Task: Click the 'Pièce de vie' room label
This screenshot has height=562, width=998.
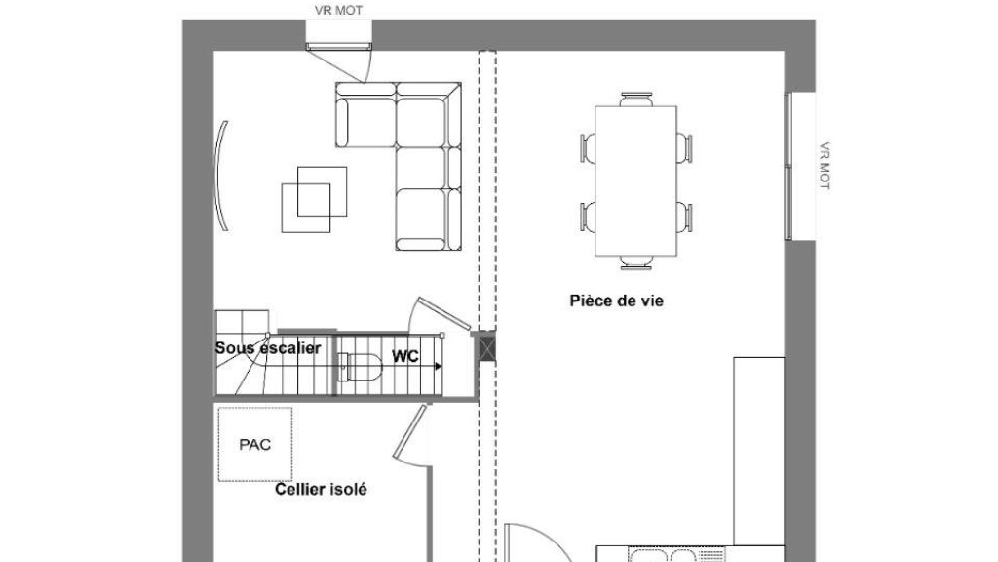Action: tap(616, 301)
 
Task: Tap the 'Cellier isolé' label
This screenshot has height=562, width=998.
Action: tap(321, 490)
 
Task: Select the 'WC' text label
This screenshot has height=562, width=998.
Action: tap(404, 356)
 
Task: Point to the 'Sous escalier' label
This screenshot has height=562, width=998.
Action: tap(267, 348)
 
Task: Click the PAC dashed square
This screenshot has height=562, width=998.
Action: tap(255, 444)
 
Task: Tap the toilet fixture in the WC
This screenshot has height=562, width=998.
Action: tap(361, 368)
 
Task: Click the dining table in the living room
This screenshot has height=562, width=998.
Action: tap(635, 181)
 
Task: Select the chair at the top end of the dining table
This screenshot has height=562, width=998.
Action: tap(636, 99)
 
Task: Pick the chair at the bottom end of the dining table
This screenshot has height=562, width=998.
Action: tap(636, 262)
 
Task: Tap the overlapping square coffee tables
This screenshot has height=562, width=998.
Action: tap(315, 199)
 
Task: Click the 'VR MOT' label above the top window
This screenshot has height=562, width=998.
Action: tap(338, 10)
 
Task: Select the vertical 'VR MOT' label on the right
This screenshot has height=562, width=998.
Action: tap(825, 166)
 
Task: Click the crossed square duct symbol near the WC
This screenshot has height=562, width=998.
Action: tap(487, 348)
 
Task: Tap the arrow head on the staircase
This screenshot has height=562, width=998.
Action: tap(439, 367)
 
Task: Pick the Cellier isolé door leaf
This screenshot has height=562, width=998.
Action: tap(409, 431)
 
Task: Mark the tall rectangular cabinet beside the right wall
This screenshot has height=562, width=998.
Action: tap(758, 451)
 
